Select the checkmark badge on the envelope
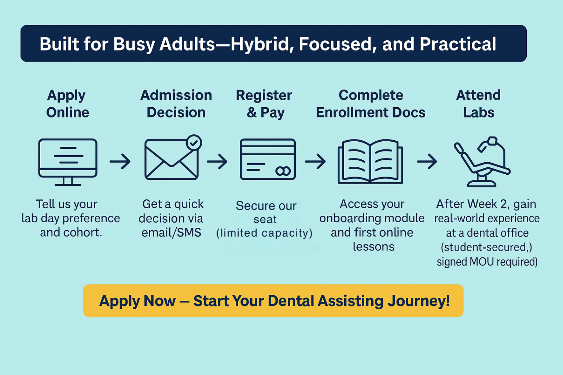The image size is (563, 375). pos(194,143)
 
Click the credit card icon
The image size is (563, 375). pos(268,159)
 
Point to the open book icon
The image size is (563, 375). pos(370,161)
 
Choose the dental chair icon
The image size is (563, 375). pos(482,162)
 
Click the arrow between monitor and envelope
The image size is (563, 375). pos(120,161)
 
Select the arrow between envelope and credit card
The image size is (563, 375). pos(217,161)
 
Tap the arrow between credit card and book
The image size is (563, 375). pos(316,161)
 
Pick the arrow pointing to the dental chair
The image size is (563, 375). pos(427,161)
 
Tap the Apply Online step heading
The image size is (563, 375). pos(67,104)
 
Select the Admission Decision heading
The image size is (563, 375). pos(176,104)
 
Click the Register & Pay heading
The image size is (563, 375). pos(264,104)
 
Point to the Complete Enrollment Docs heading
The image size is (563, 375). pos(371,104)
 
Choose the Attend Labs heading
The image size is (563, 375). pos(478,104)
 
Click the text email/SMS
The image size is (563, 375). pos(171,233)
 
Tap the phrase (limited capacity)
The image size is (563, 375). pos(264,233)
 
